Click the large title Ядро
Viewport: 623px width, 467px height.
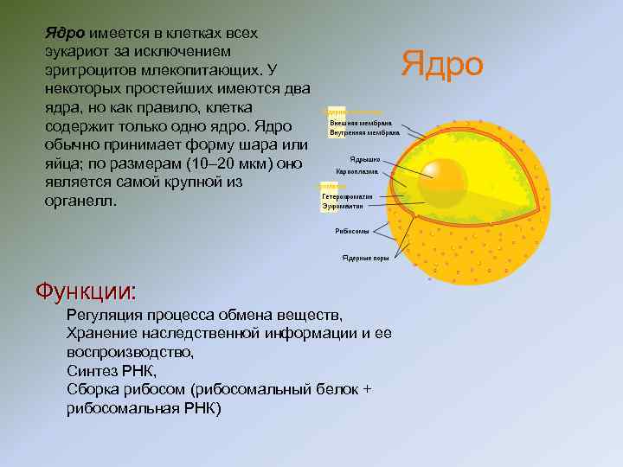(442, 65)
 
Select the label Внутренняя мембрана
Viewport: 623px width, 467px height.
(364, 133)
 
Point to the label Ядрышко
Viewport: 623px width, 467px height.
(365, 160)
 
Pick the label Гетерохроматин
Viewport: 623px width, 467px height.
(348, 196)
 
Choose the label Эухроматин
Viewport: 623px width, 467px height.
(342, 206)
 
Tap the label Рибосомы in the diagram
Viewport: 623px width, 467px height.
(352, 232)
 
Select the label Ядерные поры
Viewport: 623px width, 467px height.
(363, 258)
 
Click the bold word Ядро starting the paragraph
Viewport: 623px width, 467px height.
(64, 33)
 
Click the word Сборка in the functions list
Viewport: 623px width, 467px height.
(93, 389)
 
